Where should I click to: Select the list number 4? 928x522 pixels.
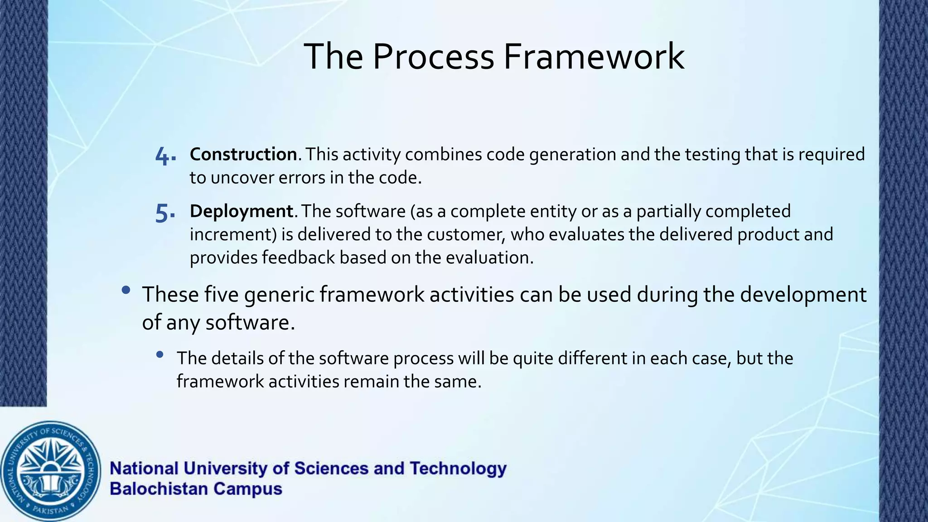pos(164,156)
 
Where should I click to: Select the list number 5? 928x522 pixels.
pos(164,213)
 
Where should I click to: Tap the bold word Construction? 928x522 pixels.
pos(243,155)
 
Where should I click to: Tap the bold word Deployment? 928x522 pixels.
pos(242,212)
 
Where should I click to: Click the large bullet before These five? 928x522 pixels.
pos(126,290)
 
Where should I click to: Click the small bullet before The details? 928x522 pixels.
pos(159,355)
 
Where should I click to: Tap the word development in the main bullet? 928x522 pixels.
pos(803,295)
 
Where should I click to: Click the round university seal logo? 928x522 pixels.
pos(50,471)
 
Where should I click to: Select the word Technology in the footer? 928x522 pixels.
pos(458,469)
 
